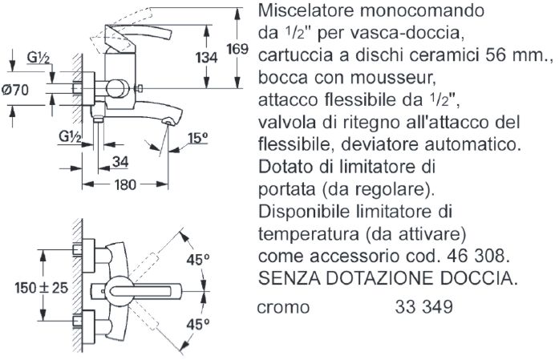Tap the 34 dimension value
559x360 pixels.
click(x=120, y=162)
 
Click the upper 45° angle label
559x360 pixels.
click(x=197, y=259)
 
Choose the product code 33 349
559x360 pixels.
click(x=423, y=307)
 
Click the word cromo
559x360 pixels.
click(x=285, y=307)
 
